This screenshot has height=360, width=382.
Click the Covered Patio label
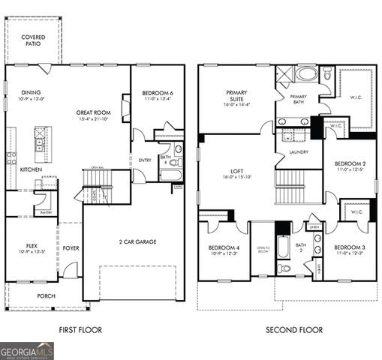tap(32, 40)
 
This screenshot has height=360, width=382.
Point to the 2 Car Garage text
tap(134, 242)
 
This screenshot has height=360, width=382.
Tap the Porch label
tap(47, 295)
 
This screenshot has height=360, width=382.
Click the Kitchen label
tap(31, 169)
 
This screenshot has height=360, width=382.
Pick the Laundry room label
tap(298, 152)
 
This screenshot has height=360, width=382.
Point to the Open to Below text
tap(263, 250)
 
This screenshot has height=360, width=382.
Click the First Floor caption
tap(80, 330)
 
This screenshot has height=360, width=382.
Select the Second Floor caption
tap(294, 330)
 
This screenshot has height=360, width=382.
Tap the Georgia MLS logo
tap(27, 350)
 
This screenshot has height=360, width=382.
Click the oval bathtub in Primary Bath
tap(306, 74)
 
